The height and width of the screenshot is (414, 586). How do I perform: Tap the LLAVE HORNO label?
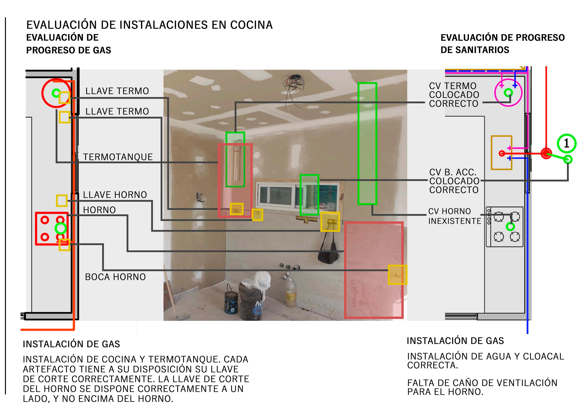coord(115,195)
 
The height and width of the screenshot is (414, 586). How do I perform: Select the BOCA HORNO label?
coord(115,277)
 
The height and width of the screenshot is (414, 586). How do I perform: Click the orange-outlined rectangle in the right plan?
coord(502,153)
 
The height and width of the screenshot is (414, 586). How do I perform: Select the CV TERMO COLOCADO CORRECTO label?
coord(454,95)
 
